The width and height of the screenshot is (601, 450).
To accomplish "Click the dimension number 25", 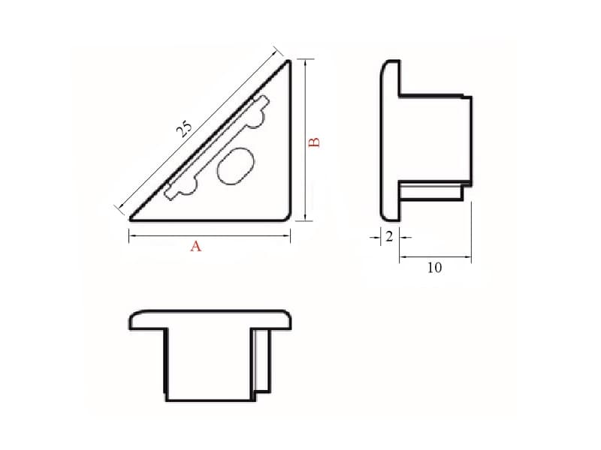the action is pyautogui.click(x=183, y=129).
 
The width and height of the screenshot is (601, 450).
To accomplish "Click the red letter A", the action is pyautogui.click(x=195, y=246).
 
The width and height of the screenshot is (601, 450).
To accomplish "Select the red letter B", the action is pyautogui.click(x=315, y=142).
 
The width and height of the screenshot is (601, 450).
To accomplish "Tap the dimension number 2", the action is pyautogui.click(x=389, y=237).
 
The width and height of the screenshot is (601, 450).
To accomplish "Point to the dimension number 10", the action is pyautogui.click(x=435, y=268).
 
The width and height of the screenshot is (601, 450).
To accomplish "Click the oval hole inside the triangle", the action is pyautogui.click(x=235, y=166).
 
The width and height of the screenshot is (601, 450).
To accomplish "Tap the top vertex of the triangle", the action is pyautogui.click(x=288, y=61).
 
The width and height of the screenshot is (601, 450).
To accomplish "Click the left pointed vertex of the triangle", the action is pyautogui.click(x=131, y=219).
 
